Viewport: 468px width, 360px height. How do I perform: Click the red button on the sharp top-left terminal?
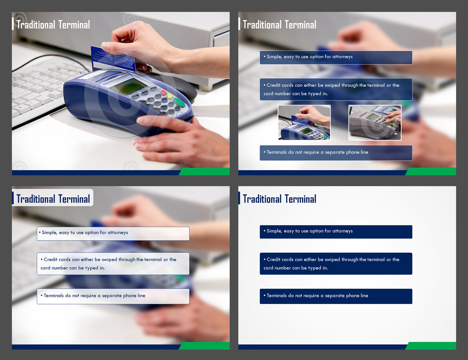click(163, 93)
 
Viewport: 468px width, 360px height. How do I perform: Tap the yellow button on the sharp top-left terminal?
click(170, 96)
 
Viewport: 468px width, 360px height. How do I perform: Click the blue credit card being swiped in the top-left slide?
click(113, 59)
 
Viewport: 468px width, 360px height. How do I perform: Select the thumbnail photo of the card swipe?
click(304, 122)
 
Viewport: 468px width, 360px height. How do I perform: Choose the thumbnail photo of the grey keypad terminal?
click(375, 122)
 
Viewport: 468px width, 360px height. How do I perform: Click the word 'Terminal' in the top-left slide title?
click(74, 24)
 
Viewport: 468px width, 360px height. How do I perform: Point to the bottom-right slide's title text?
click(280, 199)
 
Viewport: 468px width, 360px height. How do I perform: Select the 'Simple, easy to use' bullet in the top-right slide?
click(336, 58)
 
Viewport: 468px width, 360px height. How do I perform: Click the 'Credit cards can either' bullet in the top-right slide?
click(336, 89)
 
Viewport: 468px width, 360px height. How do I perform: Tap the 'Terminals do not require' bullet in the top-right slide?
click(336, 153)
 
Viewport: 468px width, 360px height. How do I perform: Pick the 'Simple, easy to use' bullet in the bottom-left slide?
click(113, 233)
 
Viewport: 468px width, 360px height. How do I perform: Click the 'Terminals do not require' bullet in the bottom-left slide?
click(113, 296)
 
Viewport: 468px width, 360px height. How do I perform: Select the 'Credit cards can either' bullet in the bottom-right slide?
click(336, 264)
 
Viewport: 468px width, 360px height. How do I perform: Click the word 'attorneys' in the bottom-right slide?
click(342, 231)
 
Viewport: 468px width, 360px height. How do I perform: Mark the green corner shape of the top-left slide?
click(204, 171)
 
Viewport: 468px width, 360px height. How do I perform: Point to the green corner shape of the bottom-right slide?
click(431, 346)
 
